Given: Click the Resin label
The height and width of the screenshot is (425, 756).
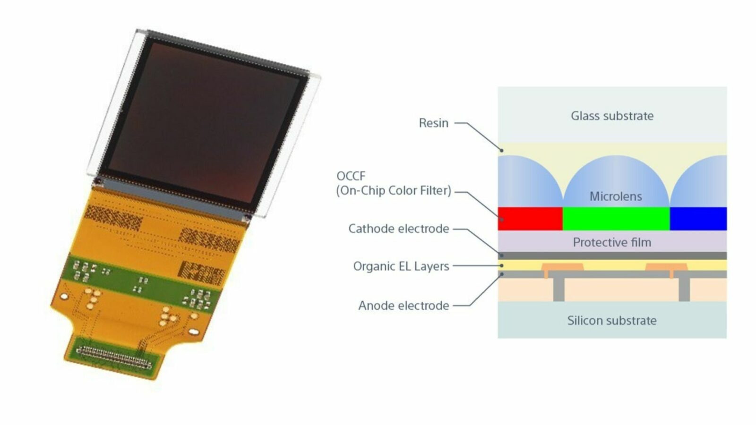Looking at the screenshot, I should click(433, 123).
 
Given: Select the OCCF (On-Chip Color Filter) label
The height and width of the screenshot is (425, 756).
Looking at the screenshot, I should click(394, 183).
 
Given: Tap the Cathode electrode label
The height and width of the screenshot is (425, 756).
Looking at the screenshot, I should click(398, 229).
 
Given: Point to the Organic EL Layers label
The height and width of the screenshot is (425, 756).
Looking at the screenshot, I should click(401, 266).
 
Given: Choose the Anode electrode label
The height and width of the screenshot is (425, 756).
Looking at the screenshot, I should click(404, 306).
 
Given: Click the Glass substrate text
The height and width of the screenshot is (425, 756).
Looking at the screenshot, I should click(612, 116).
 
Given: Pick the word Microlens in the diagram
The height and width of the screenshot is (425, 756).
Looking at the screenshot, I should click(616, 196).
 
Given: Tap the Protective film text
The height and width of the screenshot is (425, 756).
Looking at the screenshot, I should click(612, 243).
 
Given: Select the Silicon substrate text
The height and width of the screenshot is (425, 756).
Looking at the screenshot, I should click(612, 321).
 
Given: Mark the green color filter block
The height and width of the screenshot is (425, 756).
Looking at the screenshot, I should click(616, 219).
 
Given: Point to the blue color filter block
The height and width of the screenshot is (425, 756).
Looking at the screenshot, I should click(698, 219).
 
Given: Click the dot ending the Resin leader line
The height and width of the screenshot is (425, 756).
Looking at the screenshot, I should click(502, 150).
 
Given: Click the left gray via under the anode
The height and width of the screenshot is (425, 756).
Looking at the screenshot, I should click(559, 289).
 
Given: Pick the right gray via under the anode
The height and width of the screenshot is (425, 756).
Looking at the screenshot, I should click(684, 289).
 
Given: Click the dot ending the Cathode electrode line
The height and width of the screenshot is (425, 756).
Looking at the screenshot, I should click(502, 255).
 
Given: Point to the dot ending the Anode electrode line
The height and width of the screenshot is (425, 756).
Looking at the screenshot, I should click(502, 274).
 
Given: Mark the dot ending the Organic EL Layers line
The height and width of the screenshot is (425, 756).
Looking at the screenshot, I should click(502, 266).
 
